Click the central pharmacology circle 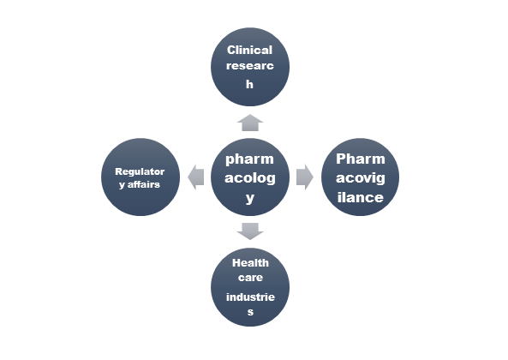click(x=250, y=177)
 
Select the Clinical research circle click(x=250, y=67)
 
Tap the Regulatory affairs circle click(x=140, y=177)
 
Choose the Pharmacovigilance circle click(x=360, y=177)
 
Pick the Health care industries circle click(x=250, y=287)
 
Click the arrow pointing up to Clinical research click(x=250, y=123)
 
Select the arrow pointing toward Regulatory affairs click(x=195, y=177)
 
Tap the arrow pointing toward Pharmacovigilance click(x=305, y=177)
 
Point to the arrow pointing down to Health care click(x=250, y=231)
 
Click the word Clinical click(x=249, y=51)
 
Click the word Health click(x=250, y=263)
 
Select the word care click(x=250, y=278)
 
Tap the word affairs click(x=144, y=184)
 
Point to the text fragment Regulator click(x=140, y=171)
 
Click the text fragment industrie click(x=250, y=297)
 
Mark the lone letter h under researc click(x=249, y=84)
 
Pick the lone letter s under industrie click(x=250, y=312)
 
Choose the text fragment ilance click(x=361, y=197)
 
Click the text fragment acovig click(x=361, y=178)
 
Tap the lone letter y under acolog click(x=250, y=198)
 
